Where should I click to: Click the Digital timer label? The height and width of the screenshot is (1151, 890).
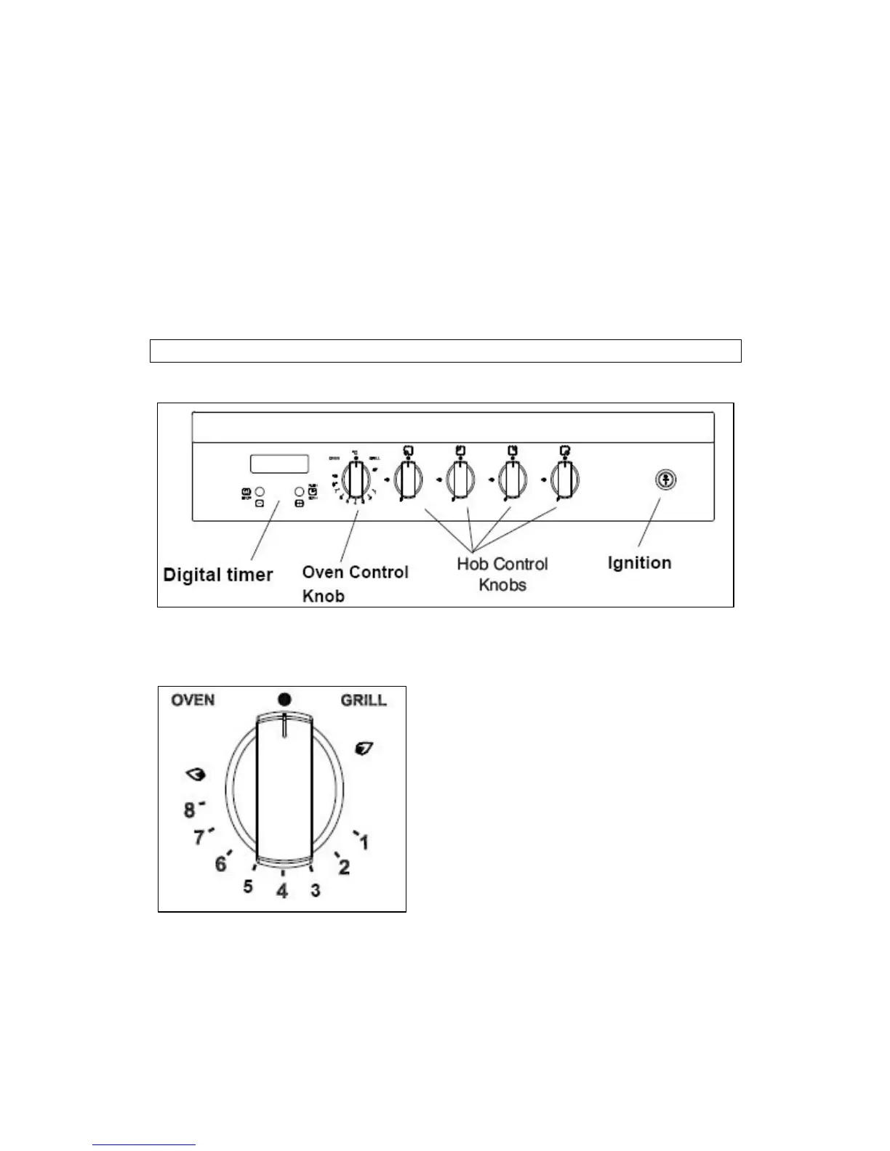(217, 575)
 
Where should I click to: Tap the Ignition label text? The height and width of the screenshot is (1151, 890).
(639, 562)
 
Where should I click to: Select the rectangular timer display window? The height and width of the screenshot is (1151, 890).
(279, 464)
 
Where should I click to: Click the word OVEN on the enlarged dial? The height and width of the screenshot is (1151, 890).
(193, 700)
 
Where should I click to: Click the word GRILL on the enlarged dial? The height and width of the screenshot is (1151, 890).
(364, 700)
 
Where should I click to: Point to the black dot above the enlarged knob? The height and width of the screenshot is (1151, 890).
(284, 699)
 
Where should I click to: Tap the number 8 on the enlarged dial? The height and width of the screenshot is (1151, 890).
(189, 809)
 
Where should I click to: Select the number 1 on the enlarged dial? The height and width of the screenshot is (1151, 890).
(364, 842)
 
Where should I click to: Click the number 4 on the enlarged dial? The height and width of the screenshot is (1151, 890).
(282, 890)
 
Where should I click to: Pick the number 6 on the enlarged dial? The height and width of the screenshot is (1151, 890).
(221, 864)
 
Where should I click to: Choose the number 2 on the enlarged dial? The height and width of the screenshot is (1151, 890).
(344, 867)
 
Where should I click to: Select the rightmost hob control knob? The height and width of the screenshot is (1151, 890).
(564, 480)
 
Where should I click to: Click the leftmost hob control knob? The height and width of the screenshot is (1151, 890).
(407, 480)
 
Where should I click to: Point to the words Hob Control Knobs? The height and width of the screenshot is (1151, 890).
(502, 574)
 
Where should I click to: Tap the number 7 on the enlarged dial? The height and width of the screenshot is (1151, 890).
(199, 838)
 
